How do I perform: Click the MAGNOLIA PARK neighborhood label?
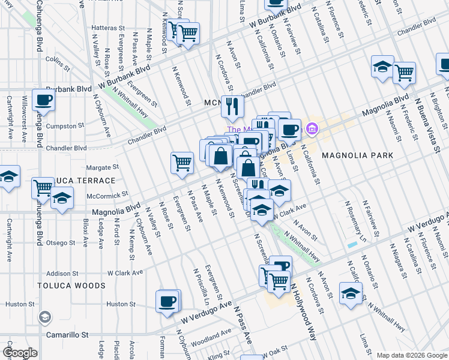pyautogui.click(x=357, y=155)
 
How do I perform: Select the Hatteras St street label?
pyautogui.click(x=107, y=28)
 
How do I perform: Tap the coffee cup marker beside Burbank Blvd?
pyautogui.click(x=43, y=100)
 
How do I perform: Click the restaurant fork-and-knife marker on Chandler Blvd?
pyautogui.click(x=231, y=107)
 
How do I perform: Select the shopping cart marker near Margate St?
pyautogui.click(x=182, y=163)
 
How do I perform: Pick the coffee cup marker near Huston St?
pyautogui.click(x=167, y=301)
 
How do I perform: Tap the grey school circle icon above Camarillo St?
pyautogui.click(x=44, y=317)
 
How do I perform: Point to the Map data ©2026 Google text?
pyautogui.click(x=411, y=355)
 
